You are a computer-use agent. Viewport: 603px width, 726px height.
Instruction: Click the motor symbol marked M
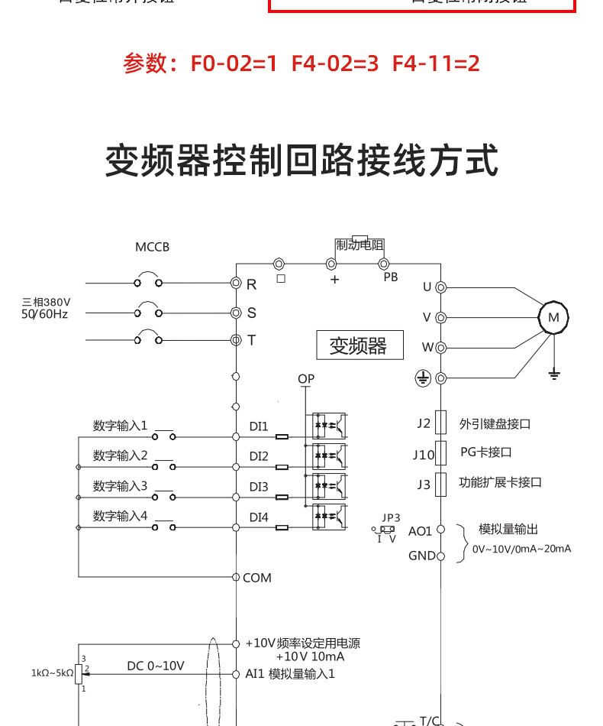[x=554, y=317]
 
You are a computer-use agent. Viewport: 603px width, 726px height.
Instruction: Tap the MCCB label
[x=152, y=247]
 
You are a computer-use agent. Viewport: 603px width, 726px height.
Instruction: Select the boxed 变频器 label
[x=358, y=345]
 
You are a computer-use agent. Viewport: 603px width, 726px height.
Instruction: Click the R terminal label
[x=251, y=284]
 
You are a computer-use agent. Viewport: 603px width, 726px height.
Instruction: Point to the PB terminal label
[x=391, y=277]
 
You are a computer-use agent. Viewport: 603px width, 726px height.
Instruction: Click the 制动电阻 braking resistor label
[x=360, y=245]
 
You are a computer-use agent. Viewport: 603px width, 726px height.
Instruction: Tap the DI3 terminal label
[x=259, y=487]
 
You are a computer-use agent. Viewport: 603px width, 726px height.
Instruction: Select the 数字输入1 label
[x=120, y=425]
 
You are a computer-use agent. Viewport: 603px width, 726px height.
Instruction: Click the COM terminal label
[x=257, y=578]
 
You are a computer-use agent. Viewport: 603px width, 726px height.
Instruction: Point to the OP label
[x=306, y=379]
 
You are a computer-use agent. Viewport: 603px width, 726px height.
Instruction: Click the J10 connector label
[x=424, y=455]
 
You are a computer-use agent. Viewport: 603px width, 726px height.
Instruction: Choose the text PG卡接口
[x=485, y=452]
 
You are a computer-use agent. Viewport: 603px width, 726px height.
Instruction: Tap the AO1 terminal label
[x=420, y=531]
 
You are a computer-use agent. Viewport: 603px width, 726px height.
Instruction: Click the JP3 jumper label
[x=391, y=517]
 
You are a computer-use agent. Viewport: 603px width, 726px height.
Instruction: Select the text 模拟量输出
[x=508, y=529]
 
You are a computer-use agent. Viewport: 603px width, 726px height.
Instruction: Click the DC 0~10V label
[x=155, y=666]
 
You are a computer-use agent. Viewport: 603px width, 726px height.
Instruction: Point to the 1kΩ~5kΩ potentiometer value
[x=52, y=673]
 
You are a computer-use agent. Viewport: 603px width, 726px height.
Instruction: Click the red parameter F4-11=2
[x=436, y=63]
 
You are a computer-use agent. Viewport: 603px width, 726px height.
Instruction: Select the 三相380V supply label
[x=47, y=302]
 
